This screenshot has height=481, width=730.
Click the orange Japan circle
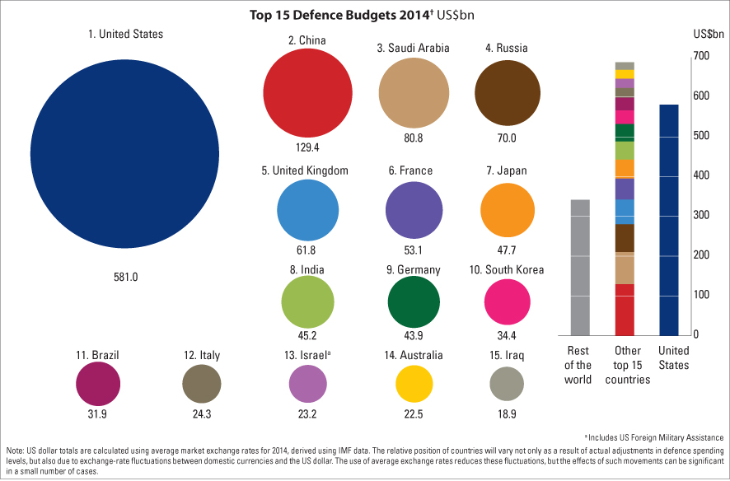coord(507,209)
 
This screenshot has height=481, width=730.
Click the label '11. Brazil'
coord(97,356)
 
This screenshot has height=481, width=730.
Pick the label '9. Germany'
coord(413,269)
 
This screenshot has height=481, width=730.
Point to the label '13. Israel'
coord(306,356)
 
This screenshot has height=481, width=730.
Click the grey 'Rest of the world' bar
coord(579,268)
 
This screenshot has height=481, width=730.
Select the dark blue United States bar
coord(669,220)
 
